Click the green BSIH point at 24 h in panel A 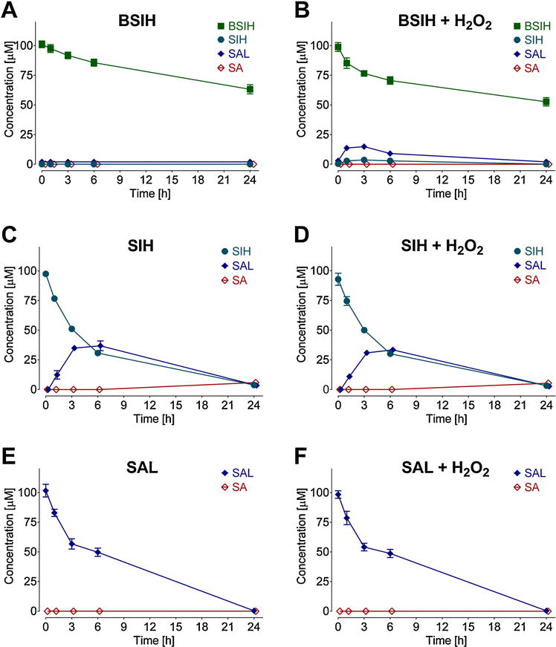(250, 89)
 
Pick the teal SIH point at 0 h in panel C (46, 274)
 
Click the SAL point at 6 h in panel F (392, 553)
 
